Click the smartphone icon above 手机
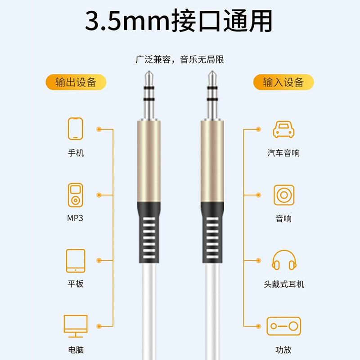click(75, 129)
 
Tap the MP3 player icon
click(75, 195)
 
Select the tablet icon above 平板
click(76, 261)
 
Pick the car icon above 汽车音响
click(283, 130)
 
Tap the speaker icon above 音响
click(284, 195)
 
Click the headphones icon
click(284, 260)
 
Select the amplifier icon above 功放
click(284, 326)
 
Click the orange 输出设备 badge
click(76, 82)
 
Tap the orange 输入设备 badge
click(283, 82)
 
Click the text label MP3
click(75, 218)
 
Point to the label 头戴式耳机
click(284, 284)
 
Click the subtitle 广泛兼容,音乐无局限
click(180, 59)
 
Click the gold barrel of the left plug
click(149, 162)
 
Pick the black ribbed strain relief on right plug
click(212, 232)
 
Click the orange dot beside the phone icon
click(99, 129)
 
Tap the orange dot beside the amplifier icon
click(258, 326)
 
